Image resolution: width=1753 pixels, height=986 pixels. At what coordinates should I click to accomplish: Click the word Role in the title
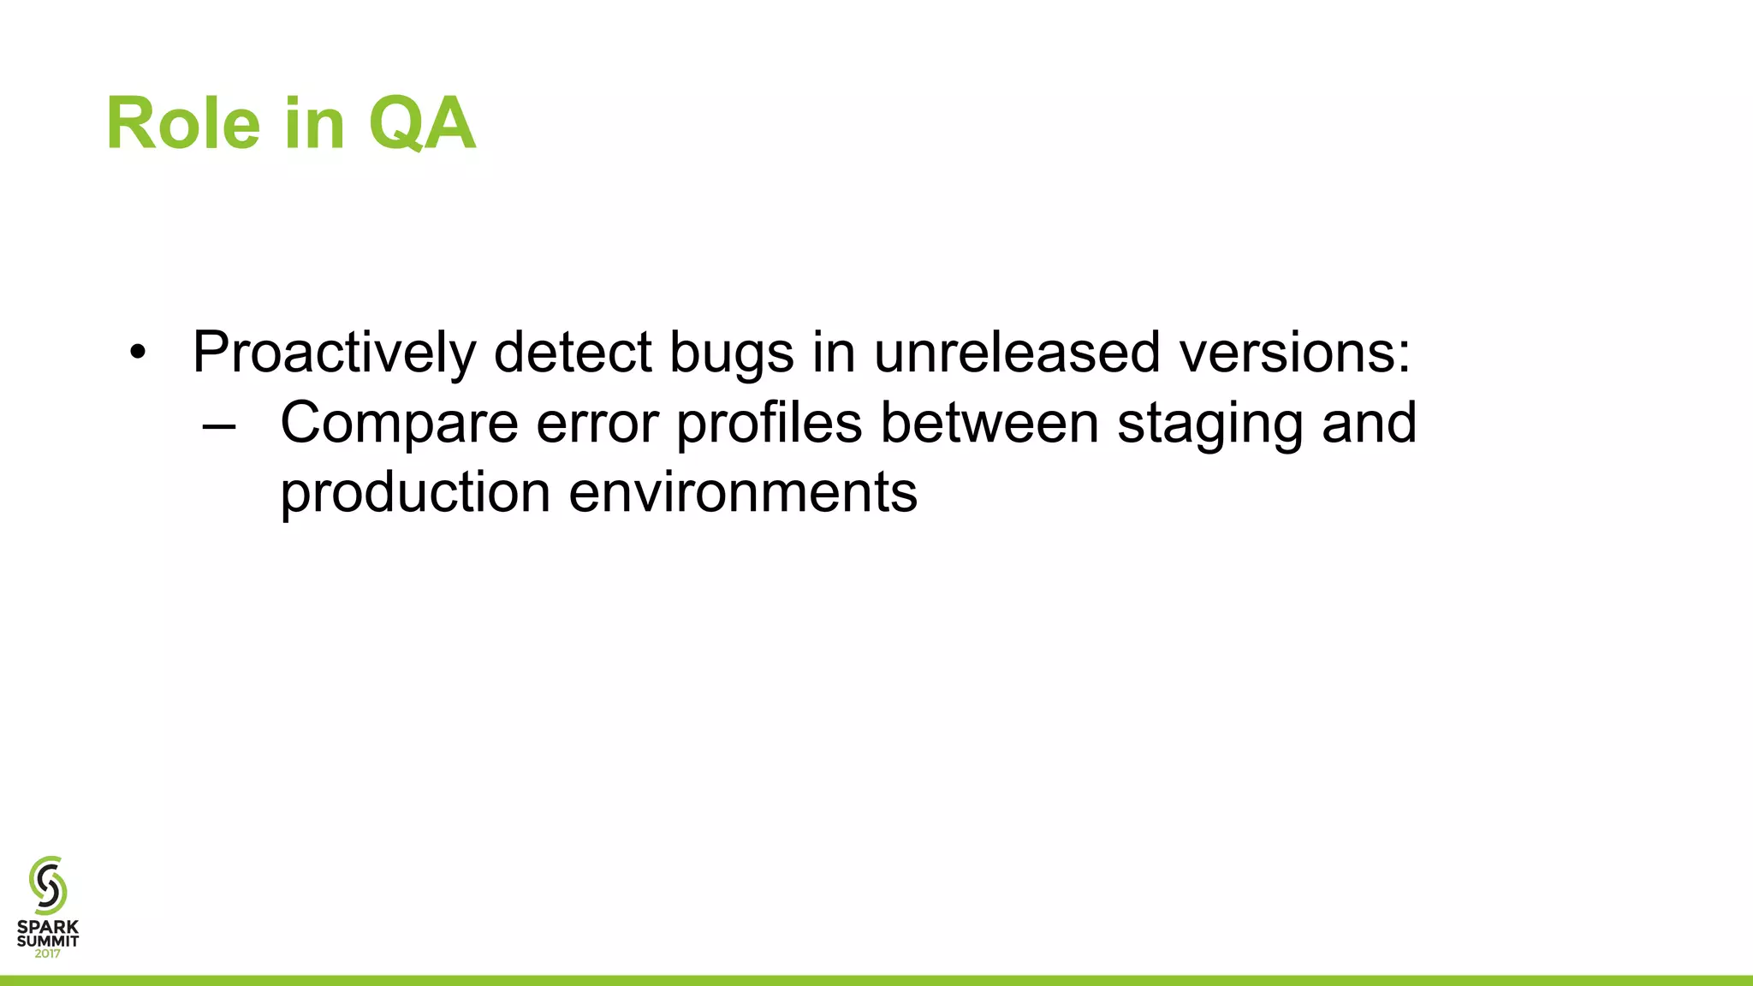point(183,124)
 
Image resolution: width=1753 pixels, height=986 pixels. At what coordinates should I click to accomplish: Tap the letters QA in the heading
point(421,124)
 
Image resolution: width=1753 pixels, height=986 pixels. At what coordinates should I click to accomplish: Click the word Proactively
point(334,353)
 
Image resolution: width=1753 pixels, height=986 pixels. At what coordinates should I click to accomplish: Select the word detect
point(573,353)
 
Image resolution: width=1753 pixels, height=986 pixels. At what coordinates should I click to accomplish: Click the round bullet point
point(138,353)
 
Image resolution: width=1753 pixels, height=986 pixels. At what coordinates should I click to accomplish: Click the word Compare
point(399,424)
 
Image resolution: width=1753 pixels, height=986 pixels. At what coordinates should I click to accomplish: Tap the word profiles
point(769,424)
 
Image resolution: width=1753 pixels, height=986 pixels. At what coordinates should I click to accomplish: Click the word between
point(989,424)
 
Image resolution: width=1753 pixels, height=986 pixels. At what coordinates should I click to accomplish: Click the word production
point(415,494)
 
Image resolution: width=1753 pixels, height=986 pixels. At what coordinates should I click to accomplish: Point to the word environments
point(743,494)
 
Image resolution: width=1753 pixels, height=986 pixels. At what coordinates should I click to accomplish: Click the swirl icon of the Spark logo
point(48,885)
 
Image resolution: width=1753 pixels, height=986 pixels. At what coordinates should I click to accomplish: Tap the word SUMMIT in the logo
point(48,941)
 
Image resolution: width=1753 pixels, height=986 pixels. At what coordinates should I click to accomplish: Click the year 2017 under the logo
point(48,953)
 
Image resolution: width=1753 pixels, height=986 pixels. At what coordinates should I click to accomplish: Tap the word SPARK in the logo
point(48,927)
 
